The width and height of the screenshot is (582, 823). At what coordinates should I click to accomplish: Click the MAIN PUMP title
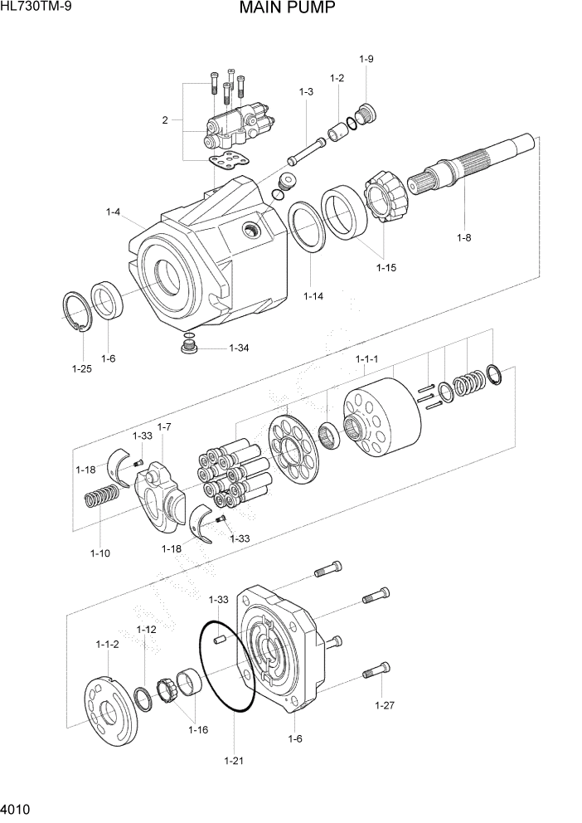pyautogui.click(x=287, y=10)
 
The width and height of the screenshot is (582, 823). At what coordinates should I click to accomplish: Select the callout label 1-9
pyautogui.click(x=366, y=59)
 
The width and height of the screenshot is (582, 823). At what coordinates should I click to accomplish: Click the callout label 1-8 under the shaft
pyautogui.click(x=463, y=238)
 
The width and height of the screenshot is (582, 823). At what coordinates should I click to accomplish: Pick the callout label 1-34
pyautogui.click(x=239, y=348)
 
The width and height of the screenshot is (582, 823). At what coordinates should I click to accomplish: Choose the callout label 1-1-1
pyautogui.click(x=366, y=359)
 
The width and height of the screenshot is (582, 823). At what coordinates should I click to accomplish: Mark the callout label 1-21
pyautogui.click(x=234, y=759)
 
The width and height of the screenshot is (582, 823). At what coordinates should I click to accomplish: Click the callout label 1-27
pyautogui.click(x=384, y=706)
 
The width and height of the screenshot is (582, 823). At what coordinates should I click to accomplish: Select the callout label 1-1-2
pyautogui.click(x=108, y=644)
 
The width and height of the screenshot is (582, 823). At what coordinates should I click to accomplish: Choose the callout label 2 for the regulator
pyautogui.click(x=165, y=120)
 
